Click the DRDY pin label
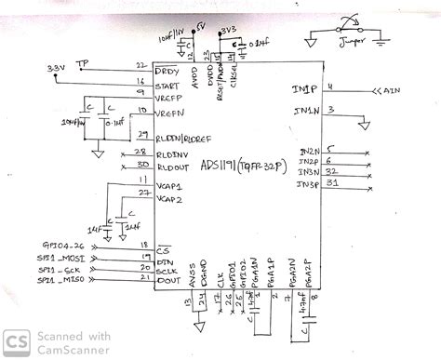[167, 71]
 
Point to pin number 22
[140, 65]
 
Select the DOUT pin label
[167, 278]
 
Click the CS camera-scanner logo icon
[17, 341]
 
